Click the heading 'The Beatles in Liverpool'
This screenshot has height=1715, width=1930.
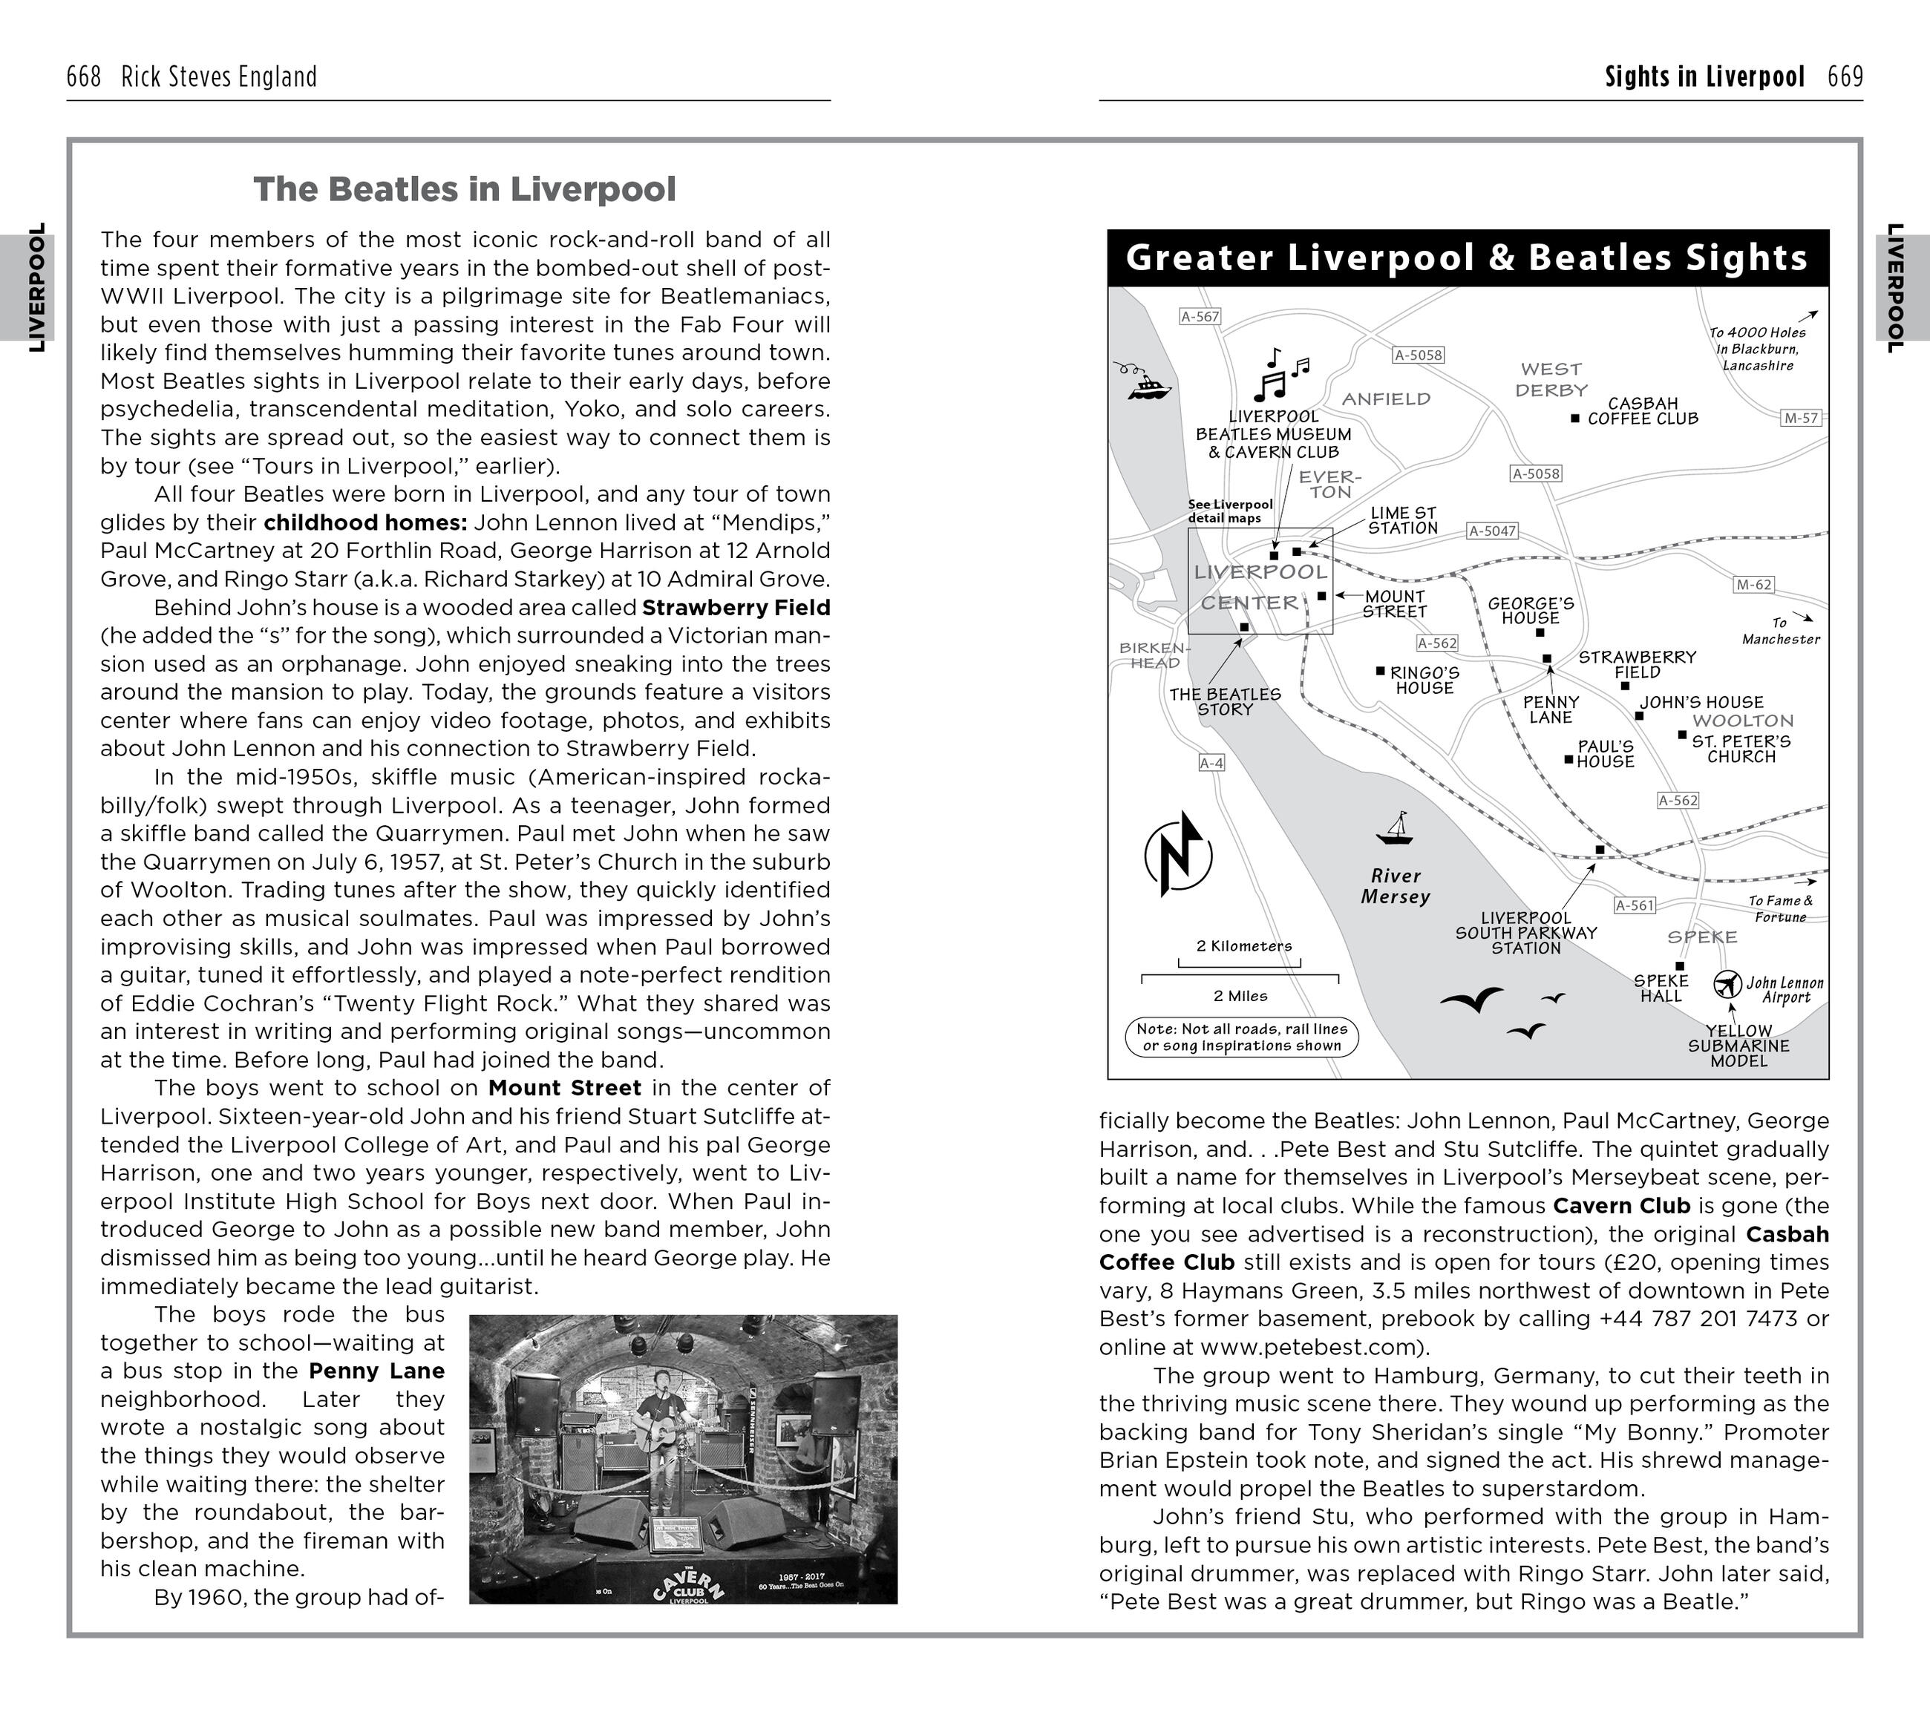tap(465, 190)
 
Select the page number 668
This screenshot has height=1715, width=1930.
tap(83, 76)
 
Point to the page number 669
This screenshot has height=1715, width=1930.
tap(1845, 76)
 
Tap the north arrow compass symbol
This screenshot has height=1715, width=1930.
tap(1177, 854)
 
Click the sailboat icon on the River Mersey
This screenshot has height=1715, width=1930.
tap(1395, 829)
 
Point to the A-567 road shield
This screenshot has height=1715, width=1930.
tap(1200, 317)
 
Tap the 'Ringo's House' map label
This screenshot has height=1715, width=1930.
tap(1424, 681)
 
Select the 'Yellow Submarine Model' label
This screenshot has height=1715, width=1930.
tap(1738, 1046)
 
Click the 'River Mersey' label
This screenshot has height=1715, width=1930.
tap(1396, 886)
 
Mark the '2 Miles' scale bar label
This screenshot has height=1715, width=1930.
tap(1240, 996)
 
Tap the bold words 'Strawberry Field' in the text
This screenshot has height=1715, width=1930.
tap(736, 608)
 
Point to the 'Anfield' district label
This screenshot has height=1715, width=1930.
tap(1386, 399)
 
